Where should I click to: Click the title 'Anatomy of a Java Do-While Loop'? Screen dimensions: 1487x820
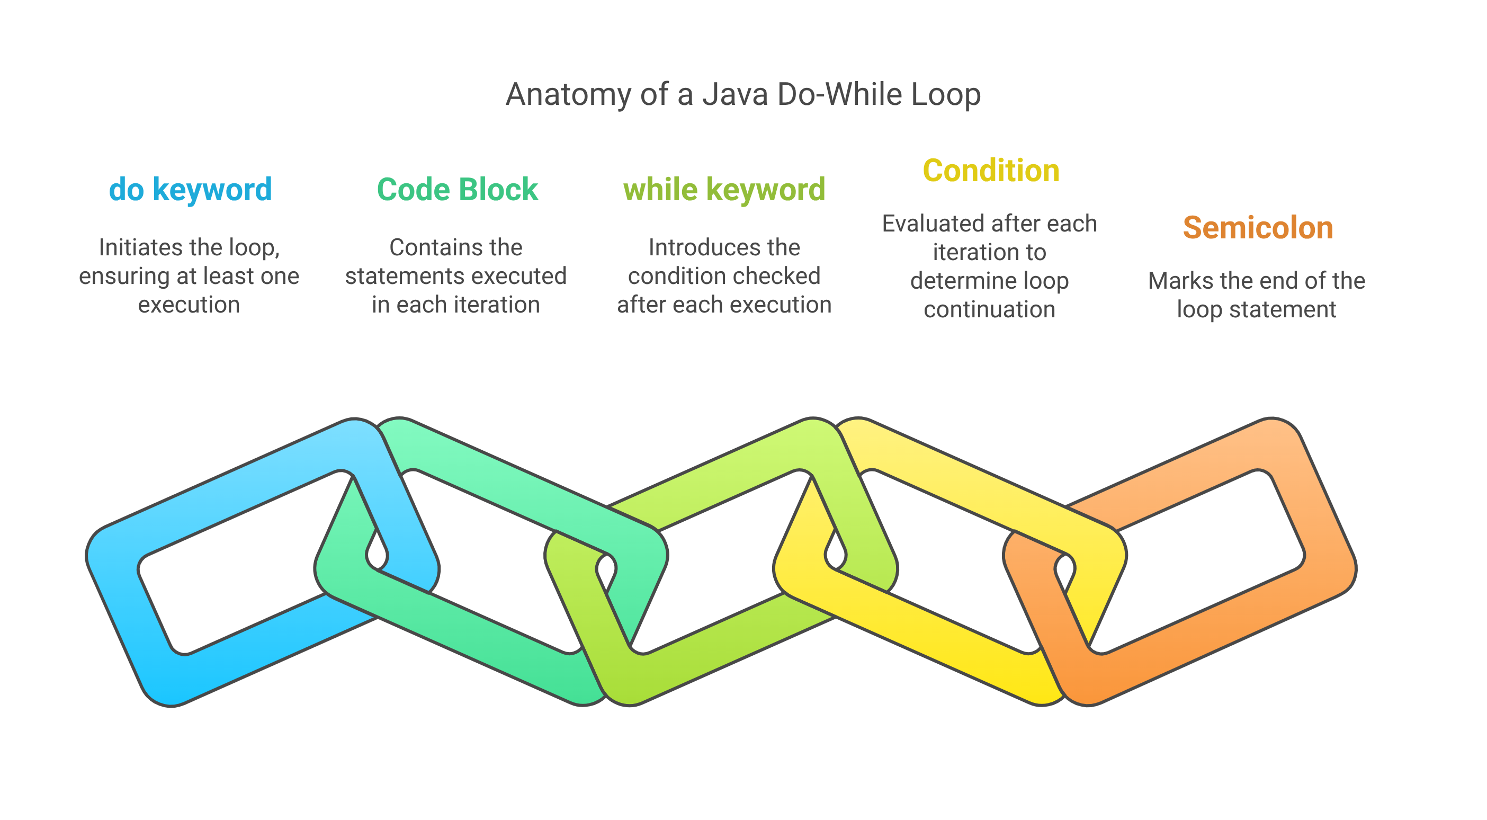click(x=743, y=94)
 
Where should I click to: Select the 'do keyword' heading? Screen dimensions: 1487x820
click(x=191, y=190)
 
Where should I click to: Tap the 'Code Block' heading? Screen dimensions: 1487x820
click(x=457, y=190)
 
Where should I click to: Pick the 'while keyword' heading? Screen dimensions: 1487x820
click(x=724, y=190)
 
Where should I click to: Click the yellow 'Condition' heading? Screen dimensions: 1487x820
click(x=991, y=171)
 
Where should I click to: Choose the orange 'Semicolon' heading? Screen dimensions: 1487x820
click(x=1258, y=228)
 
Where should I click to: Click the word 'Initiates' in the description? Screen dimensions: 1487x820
click(x=133, y=248)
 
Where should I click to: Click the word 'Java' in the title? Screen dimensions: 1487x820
click(x=735, y=94)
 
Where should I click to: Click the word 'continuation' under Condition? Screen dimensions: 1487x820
click(x=989, y=309)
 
